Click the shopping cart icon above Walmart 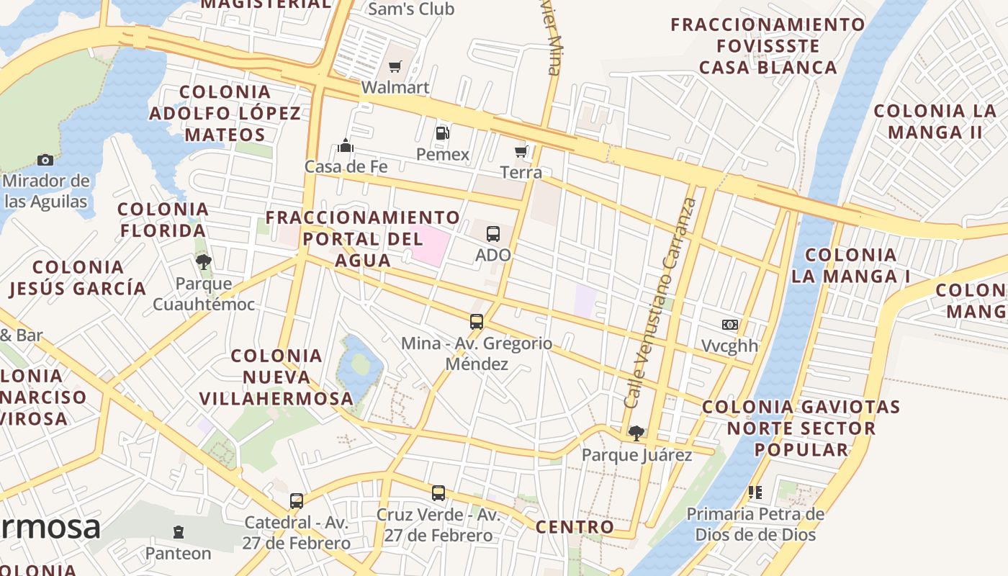pyautogui.click(x=395, y=67)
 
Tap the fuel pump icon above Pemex pyautogui.click(x=442, y=133)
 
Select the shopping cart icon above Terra pyautogui.click(x=521, y=151)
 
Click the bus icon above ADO pyautogui.click(x=493, y=233)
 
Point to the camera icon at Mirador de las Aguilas pyautogui.click(x=45, y=160)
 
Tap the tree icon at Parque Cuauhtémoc pyautogui.click(x=204, y=261)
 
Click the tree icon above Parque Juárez pyautogui.click(x=636, y=433)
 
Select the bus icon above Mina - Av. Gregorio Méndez pyautogui.click(x=477, y=321)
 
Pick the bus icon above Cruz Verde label pyautogui.click(x=438, y=493)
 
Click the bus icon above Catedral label pyautogui.click(x=296, y=500)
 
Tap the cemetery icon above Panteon pyautogui.click(x=179, y=532)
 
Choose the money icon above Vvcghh pyautogui.click(x=730, y=325)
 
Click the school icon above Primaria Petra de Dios pyautogui.click(x=755, y=492)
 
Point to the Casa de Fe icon pyautogui.click(x=346, y=146)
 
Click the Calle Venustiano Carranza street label pyautogui.click(x=661, y=302)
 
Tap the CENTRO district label pyautogui.click(x=575, y=527)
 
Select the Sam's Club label pyautogui.click(x=411, y=9)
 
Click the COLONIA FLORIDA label pyautogui.click(x=163, y=220)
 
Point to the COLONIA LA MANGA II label pyautogui.click(x=935, y=122)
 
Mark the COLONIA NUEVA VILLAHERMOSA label pyautogui.click(x=276, y=377)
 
